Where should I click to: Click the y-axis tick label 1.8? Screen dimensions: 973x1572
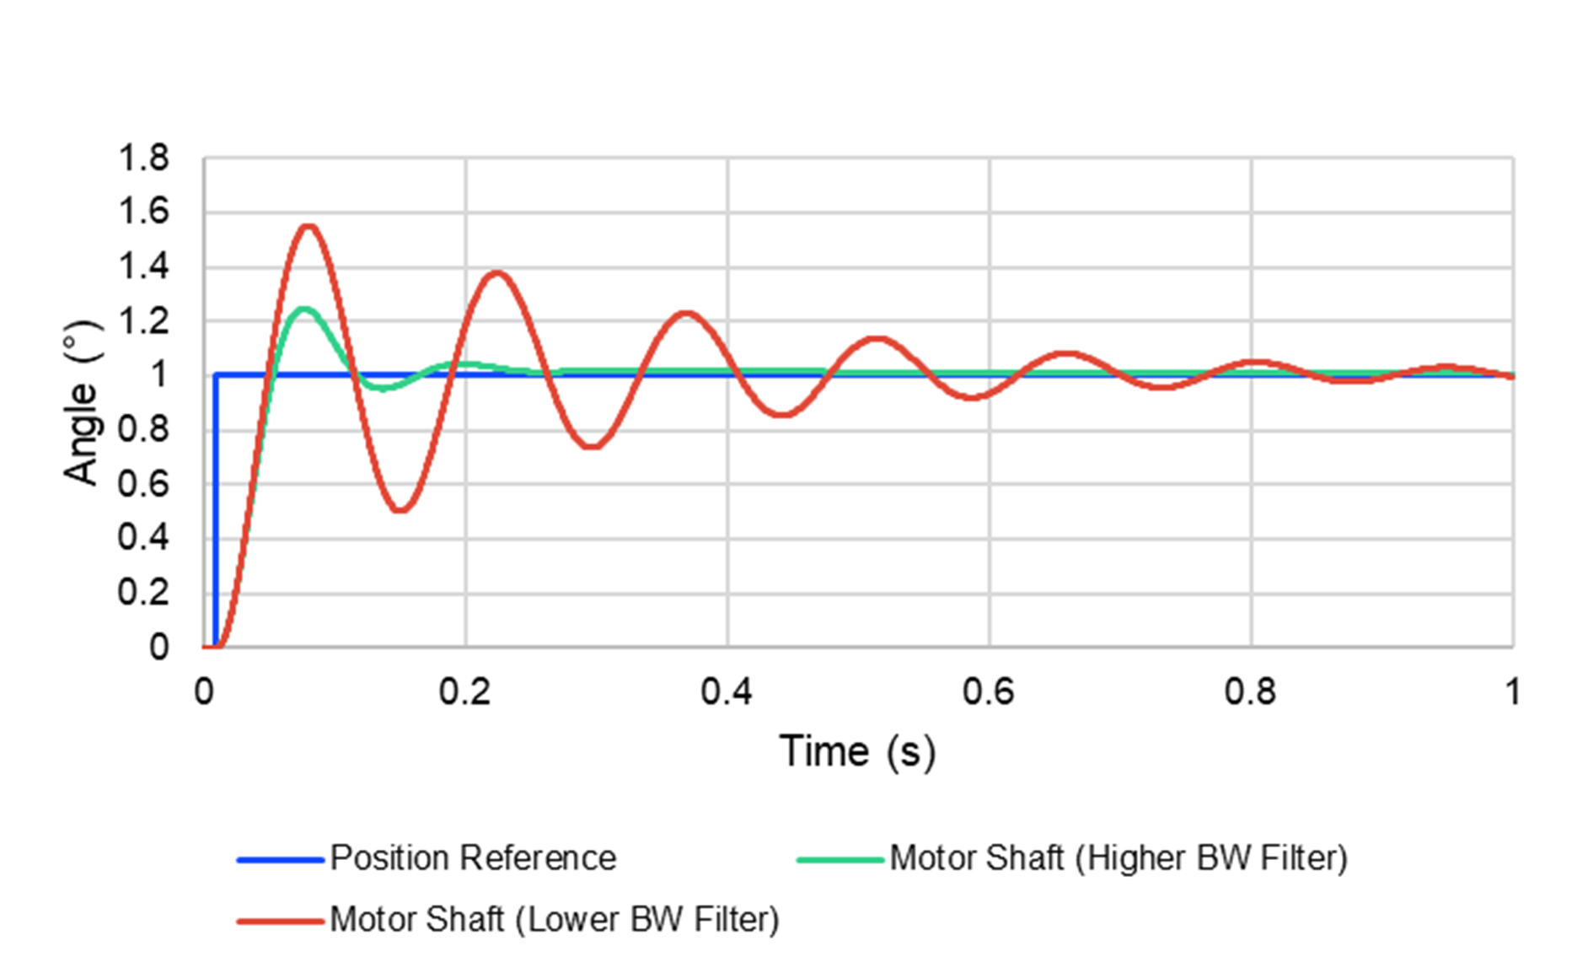[x=143, y=158]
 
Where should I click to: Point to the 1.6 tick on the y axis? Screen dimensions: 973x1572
[x=143, y=212]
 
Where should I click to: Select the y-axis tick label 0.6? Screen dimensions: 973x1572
[x=143, y=484]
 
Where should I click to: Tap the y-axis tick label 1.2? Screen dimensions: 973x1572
[x=143, y=321]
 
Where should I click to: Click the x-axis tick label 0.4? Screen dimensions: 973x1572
[x=727, y=692]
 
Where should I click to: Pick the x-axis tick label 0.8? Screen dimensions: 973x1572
[x=1250, y=692]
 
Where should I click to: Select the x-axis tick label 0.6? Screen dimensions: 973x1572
[x=988, y=692]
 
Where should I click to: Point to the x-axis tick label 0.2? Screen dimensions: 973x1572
[x=464, y=692]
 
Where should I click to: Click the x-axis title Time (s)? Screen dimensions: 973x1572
[x=857, y=751]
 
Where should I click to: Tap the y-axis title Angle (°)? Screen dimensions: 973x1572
[x=82, y=403]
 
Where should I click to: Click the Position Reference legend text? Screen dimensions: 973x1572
[x=473, y=858]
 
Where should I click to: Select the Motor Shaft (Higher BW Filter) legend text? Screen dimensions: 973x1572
[x=1119, y=858]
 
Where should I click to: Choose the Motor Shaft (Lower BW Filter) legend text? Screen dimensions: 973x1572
[x=555, y=920]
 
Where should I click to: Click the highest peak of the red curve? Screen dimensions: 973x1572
[x=308, y=226]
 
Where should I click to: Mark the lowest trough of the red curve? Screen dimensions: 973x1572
[x=401, y=510]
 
